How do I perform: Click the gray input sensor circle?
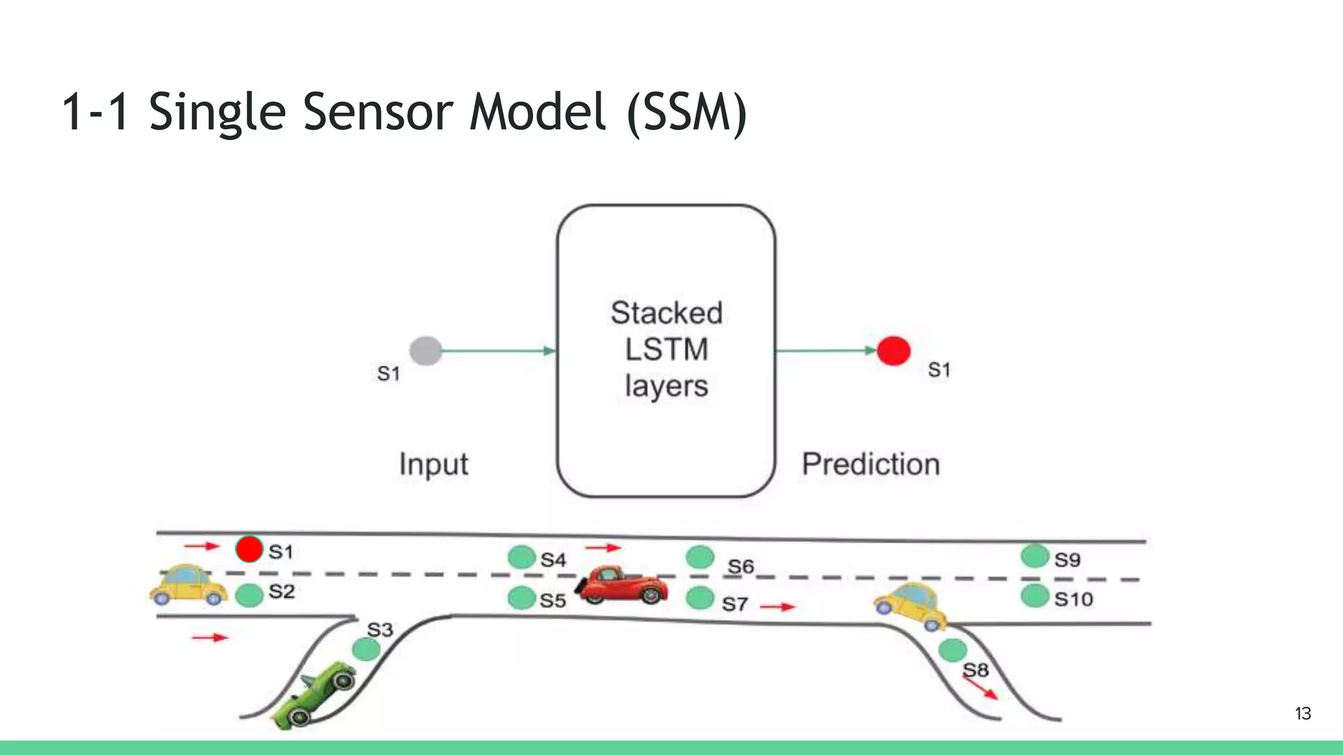426,351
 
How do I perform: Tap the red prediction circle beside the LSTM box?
893,351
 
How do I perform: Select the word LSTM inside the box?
666,349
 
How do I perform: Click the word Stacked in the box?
666,313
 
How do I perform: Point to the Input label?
433,465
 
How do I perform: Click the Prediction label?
871,464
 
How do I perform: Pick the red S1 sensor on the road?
249,549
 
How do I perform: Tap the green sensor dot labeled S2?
249,595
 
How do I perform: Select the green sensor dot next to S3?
366,649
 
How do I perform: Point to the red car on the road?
622,585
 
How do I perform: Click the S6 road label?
741,566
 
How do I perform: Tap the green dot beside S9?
1035,556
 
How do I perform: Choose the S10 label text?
1073,599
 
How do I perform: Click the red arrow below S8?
981,687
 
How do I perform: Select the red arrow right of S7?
777,607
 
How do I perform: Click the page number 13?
1302,714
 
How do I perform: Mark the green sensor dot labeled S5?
522,598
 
